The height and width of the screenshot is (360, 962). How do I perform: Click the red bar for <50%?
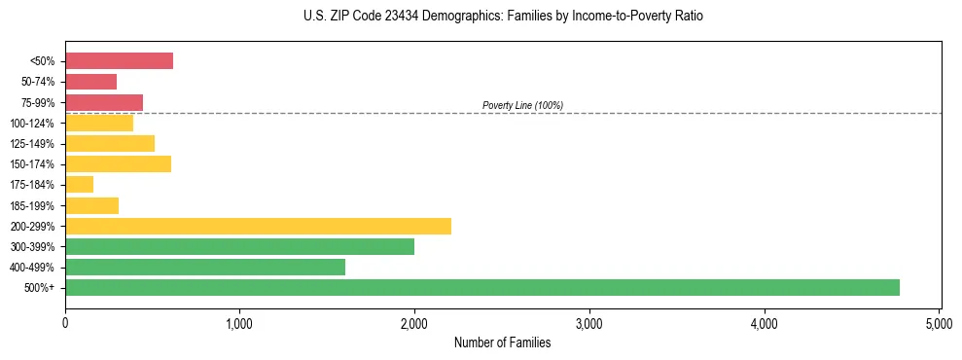[x=119, y=61]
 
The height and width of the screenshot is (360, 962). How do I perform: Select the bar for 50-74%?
[x=90, y=82]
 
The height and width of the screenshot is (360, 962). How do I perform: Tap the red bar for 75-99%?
[x=104, y=102]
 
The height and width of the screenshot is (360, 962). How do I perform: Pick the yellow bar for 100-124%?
[x=99, y=123]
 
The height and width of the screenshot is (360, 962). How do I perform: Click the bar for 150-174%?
[x=118, y=163]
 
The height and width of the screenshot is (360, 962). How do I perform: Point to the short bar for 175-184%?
[x=79, y=184]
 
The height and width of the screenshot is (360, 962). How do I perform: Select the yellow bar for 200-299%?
[x=258, y=226]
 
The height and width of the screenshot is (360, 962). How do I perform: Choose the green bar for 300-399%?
[x=239, y=246]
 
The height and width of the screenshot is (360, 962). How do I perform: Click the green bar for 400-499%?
[x=205, y=267]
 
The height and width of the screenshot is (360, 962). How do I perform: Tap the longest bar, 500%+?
[x=481, y=287]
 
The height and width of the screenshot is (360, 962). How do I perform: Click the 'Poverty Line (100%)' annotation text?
[x=522, y=105]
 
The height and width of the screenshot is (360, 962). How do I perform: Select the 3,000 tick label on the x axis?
[x=589, y=321]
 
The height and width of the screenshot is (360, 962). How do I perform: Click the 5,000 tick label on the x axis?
[x=939, y=321]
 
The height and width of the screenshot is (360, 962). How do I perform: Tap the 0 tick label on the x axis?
[x=65, y=321]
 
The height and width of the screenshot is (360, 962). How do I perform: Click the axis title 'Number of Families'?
[x=502, y=342]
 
